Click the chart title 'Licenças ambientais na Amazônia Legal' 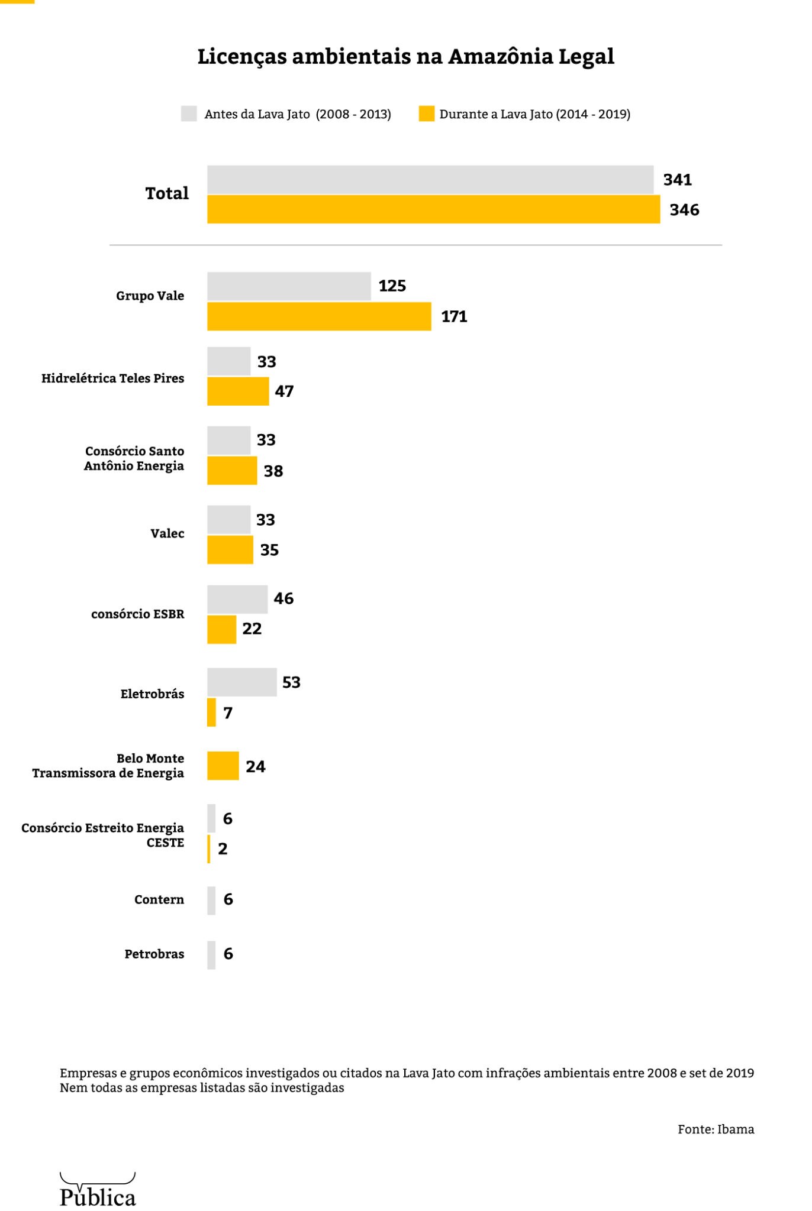click(406, 57)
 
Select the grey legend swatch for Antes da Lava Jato click(189, 114)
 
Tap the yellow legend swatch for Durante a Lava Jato click(426, 114)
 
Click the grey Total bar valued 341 click(430, 180)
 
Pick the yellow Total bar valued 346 click(433, 209)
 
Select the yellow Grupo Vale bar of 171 click(319, 316)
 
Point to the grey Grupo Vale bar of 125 click(289, 286)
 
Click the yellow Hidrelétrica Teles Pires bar click(238, 391)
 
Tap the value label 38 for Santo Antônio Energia click(273, 471)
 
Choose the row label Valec click(167, 534)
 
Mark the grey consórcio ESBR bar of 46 click(237, 599)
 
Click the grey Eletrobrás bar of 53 click(241, 682)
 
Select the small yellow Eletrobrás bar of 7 click(211, 713)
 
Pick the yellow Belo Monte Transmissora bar click(223, 766)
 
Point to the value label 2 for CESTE click(223, 849)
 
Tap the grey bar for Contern click(211, 901)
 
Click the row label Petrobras click(154, 954)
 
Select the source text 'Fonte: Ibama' click(716, 1129)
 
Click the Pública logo click(98, 1189)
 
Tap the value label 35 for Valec click(269, 551)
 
